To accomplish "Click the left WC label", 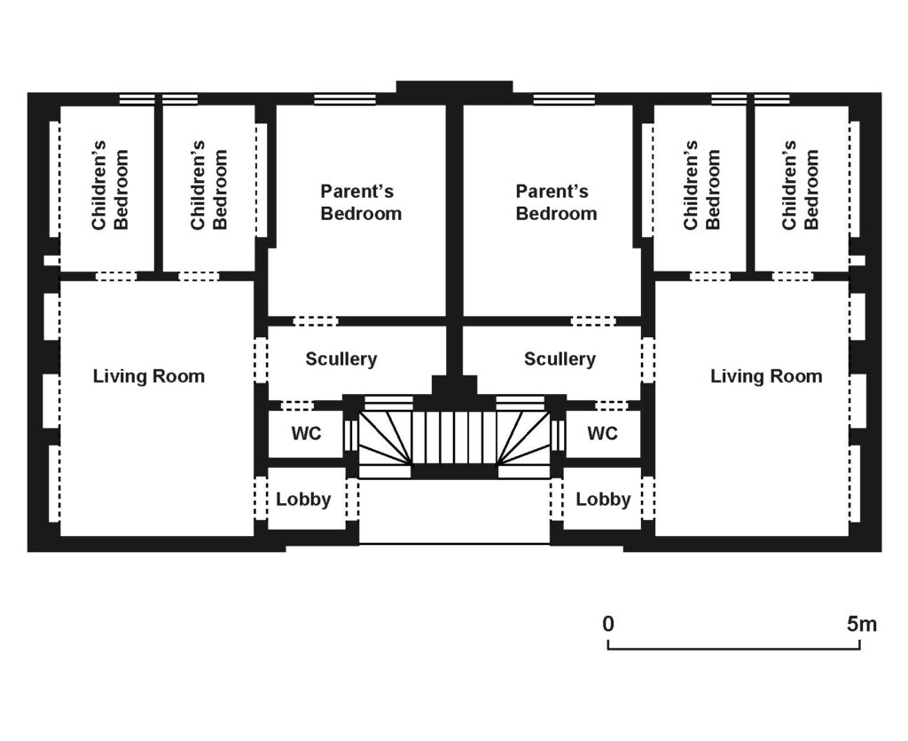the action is pyautogui.click(x=306, y=433).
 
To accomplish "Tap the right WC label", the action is pyautogui.click(x=602, y=433).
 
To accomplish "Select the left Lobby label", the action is pyautogui.click(x=303, y=500).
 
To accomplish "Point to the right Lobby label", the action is pyautogui.click(x=603, y=500).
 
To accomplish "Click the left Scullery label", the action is pyautogui.click(x=341, y=359).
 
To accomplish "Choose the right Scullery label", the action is pyautogui.click(x=560, y=359).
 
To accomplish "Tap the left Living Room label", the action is pyautogui.click(x=149, y=376).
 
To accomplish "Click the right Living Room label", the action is pyautogui.click(x=766, y=376).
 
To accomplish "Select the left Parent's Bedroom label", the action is pyautogui.click(x=361, y=202).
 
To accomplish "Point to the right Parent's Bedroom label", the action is pyautogui.click(x=556, y=202).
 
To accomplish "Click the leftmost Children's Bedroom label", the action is pyautogui.click(x=109, y=185).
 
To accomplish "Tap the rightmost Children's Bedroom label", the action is pyautogui.click(x=800, y=185).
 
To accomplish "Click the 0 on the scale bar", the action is pyautogui.click(x=608, y=625).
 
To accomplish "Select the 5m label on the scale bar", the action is pyautogui.click(x=862, y=625).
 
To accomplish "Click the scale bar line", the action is pyautogui.click(x=733, y=649).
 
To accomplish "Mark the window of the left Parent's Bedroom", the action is pyautogui.click(x=345, y=99).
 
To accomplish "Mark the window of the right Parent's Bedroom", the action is pyautogui.click(x=564, y=99).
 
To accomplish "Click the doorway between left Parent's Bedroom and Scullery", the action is pyautogui.click(x=316, y=321).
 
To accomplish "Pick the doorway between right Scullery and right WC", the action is pyautogui.click(x=613, y=405).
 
